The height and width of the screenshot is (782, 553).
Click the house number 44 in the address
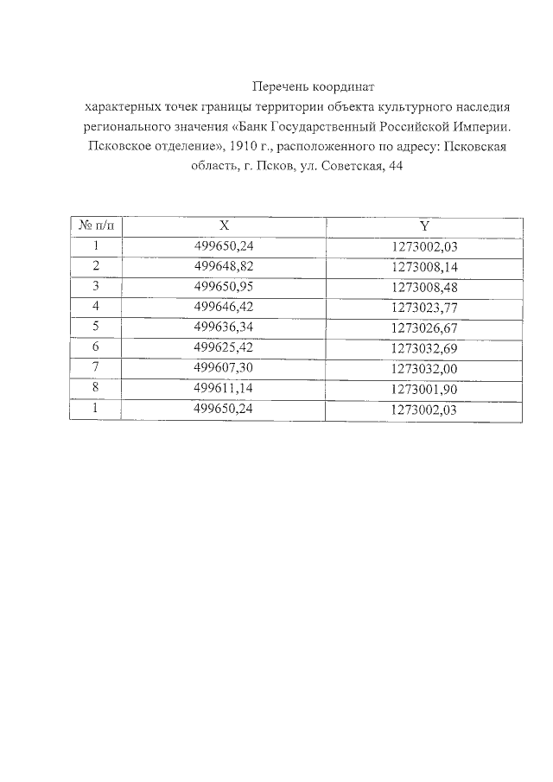[x=397, y=166]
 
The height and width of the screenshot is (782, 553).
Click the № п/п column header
[x=95, y=226]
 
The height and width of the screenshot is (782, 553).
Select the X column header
[x=224, y=226]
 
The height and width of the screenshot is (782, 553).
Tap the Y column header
[x=423, y=226]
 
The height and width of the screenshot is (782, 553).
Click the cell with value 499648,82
[x=224, y=266]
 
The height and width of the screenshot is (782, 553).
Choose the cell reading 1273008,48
[x=423, y=286]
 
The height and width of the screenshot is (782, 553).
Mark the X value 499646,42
[x=224, y=307]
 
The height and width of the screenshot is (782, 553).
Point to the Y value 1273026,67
[x=423, y=327]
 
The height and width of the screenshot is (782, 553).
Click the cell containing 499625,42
[x=224, y=347]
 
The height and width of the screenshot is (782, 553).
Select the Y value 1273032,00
[x=423, y=368]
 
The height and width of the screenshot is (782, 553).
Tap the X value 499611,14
[x=224, y=389]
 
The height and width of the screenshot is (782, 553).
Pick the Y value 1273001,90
[x=423, y=389]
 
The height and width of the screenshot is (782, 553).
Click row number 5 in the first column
[x=96, y=327]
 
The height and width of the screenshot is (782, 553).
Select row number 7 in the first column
[x=96, y=368]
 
